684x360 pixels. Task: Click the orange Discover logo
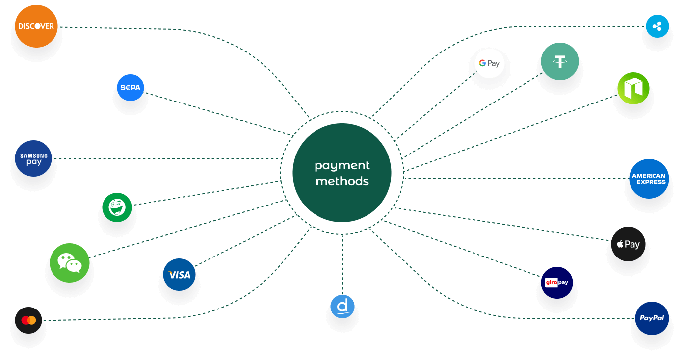tap(36, 26)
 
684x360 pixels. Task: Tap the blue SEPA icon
tap(130, 88)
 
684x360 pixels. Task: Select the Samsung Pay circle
tap(34, 158)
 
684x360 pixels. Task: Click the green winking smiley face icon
tap(117, 207)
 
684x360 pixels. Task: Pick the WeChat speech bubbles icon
tap(69, 262)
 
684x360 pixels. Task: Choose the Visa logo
tap(179, 274)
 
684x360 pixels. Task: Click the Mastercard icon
tap(29, 320)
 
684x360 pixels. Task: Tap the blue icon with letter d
tap(342, 307)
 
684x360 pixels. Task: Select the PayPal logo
tap(652, 318)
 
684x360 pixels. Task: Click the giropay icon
tap(557, 283)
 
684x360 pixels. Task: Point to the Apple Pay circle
tap(628, 244)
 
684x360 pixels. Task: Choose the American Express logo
tap(649, 179)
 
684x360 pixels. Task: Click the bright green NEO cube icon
tap(633, 89)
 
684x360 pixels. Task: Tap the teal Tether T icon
tap(560, 62)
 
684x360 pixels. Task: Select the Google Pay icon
tap(489, 63)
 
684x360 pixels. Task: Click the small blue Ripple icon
tap(657, 26)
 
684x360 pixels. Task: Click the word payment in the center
tap(342, 165)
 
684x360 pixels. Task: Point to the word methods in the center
tap(342, 181)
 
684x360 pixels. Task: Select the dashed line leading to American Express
tap(515, 178)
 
